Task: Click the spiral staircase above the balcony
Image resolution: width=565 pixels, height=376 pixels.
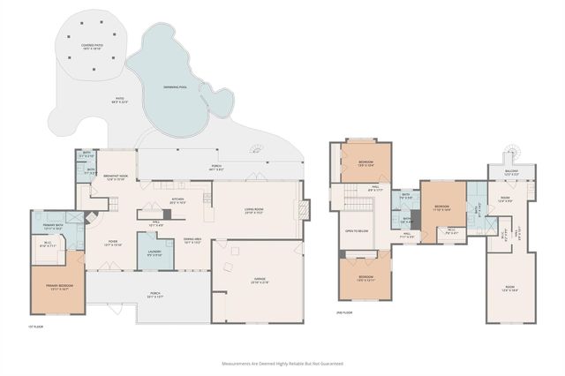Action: click(x=509, y=152)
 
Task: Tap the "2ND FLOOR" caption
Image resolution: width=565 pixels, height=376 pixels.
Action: click(x=343, y=312)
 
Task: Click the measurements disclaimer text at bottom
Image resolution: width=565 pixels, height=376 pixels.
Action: click(x=282, y=362)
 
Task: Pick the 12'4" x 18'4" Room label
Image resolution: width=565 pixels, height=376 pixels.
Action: click(x=510, y=288)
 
